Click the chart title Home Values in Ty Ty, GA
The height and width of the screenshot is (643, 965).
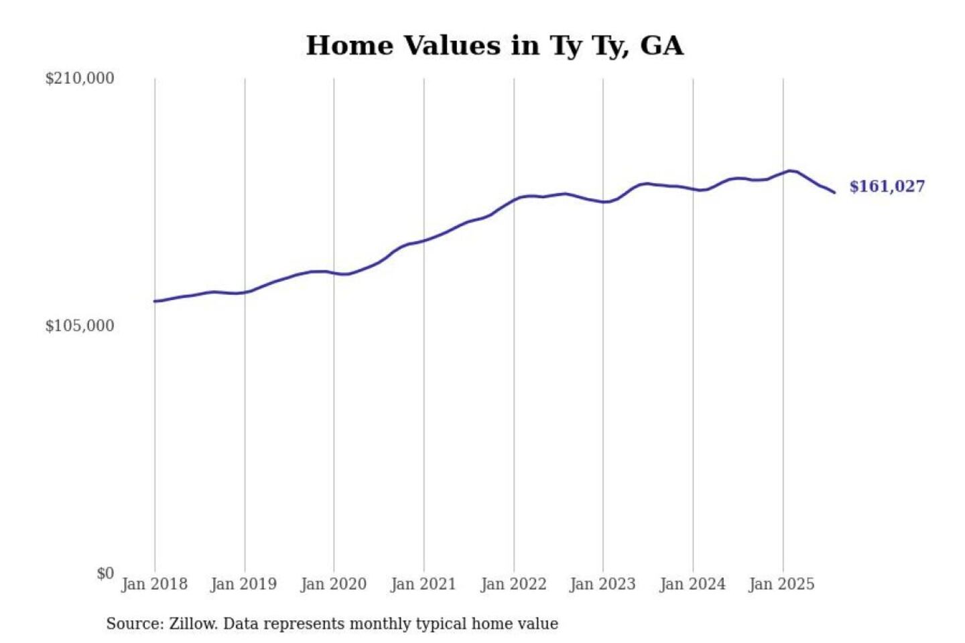pos(495,46)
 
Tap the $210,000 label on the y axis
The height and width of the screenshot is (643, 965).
pos(80,78)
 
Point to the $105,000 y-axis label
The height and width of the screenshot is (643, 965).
pos(80,326)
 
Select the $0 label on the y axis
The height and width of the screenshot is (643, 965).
pos(105,573)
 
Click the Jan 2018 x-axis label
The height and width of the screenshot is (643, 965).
pos(154,584)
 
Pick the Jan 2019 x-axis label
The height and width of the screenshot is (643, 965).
pos(243,584)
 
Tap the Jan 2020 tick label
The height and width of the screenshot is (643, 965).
pos(333,584)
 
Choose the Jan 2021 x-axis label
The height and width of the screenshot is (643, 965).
pos(423,584)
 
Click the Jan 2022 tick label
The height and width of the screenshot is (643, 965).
pos(513,584)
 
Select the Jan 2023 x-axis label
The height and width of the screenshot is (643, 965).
pos(602,584)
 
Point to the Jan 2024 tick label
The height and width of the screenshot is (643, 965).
pos(692,584)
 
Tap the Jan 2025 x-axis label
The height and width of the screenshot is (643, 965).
pos(781,584)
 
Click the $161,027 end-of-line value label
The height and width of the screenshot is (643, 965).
pos(887,186)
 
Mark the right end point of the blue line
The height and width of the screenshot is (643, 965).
pos(834,193)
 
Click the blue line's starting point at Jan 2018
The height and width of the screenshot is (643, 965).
pos(155,301)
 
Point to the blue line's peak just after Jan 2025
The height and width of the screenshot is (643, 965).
pos(791,171)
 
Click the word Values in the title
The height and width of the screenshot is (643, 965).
pos(452,46)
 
